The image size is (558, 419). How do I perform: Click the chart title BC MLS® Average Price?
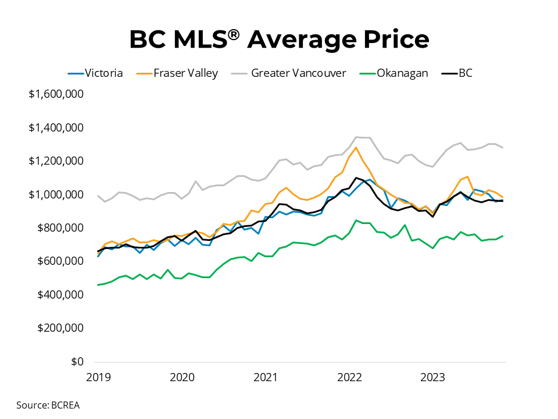pos(279,39)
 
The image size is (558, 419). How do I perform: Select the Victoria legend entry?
pos(95,73)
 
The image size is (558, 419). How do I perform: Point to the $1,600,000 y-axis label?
pos(56,94)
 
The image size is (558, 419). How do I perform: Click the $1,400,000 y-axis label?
pos(56,127)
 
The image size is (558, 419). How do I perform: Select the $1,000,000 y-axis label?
pos(56,194)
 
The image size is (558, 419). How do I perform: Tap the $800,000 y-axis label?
pos(60,228)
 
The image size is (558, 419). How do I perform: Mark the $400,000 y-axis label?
pos(60,294)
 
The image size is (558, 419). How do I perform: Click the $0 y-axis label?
pos(77,361)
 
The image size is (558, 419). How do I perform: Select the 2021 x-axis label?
pos(265,377)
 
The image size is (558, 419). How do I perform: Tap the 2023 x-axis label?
pos(432,377)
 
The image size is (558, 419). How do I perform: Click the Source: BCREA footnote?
pos(48,405)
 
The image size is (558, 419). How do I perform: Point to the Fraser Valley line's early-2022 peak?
pos(356,147)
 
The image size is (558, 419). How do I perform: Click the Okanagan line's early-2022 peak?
pos(356,221)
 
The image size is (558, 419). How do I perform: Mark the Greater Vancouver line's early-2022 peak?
pos(356,137)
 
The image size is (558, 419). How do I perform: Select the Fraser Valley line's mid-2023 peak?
pos(468,176)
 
